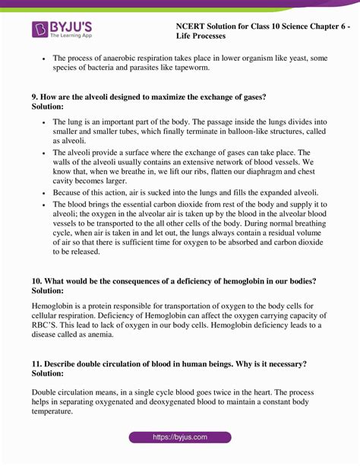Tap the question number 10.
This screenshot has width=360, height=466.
click(x=37, y=281)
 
